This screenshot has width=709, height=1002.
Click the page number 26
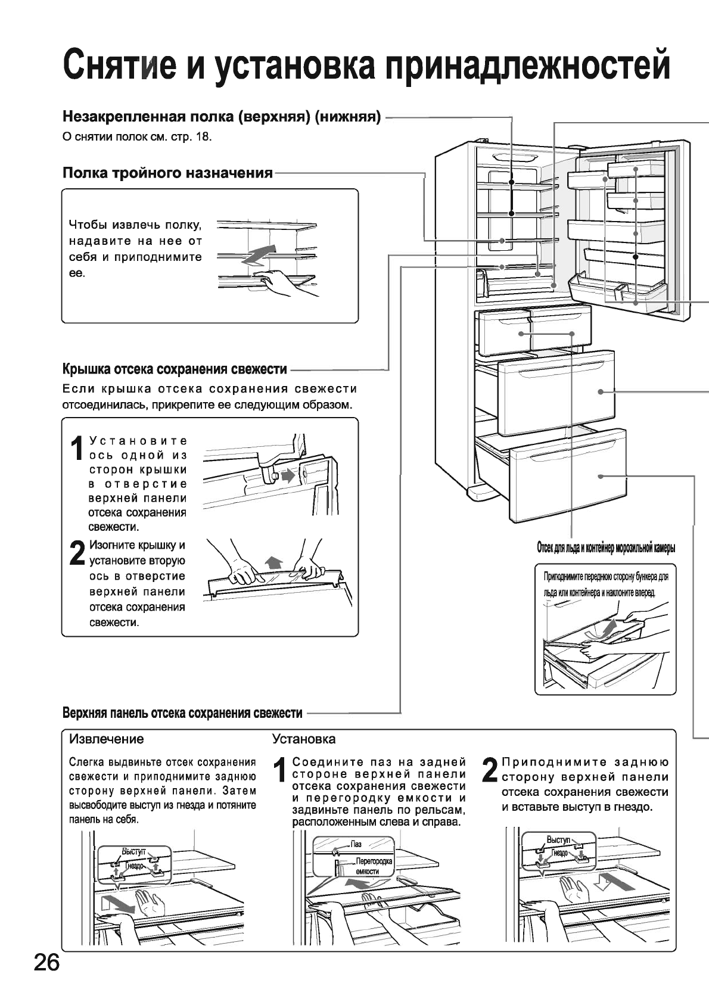point(46,962)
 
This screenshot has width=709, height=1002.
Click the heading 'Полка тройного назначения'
point(167,173)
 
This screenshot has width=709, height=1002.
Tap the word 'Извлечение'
point(107,739)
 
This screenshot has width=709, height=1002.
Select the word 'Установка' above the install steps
point(303,739)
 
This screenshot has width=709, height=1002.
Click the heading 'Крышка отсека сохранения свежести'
point(175,369)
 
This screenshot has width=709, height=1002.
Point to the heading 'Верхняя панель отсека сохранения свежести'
point(182,713)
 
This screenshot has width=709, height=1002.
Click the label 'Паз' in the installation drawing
point(356,844)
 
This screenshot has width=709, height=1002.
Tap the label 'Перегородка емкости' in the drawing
point(373,866)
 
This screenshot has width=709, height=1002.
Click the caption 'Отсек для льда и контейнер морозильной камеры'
point(605,548)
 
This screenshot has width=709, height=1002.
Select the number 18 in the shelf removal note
point(203,137)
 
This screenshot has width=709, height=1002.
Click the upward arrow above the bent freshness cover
point(274,561)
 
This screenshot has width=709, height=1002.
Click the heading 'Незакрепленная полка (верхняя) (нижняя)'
point(222,116)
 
